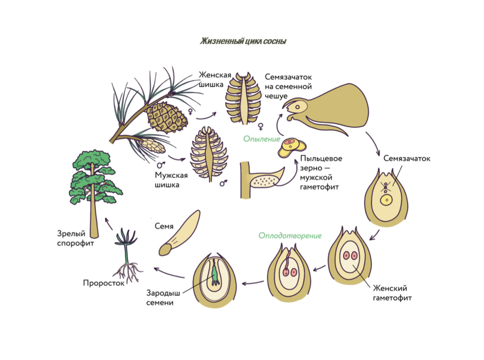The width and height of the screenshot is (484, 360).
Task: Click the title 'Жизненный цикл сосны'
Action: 243,41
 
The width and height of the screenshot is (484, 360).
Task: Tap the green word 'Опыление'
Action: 261,139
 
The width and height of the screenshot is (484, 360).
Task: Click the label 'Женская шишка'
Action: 211,79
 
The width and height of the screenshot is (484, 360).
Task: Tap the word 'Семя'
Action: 164,226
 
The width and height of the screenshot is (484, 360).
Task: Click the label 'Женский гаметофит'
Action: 392,293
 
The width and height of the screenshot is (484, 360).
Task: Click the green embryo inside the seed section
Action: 216,274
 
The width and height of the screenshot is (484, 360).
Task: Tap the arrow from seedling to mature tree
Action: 109,223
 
